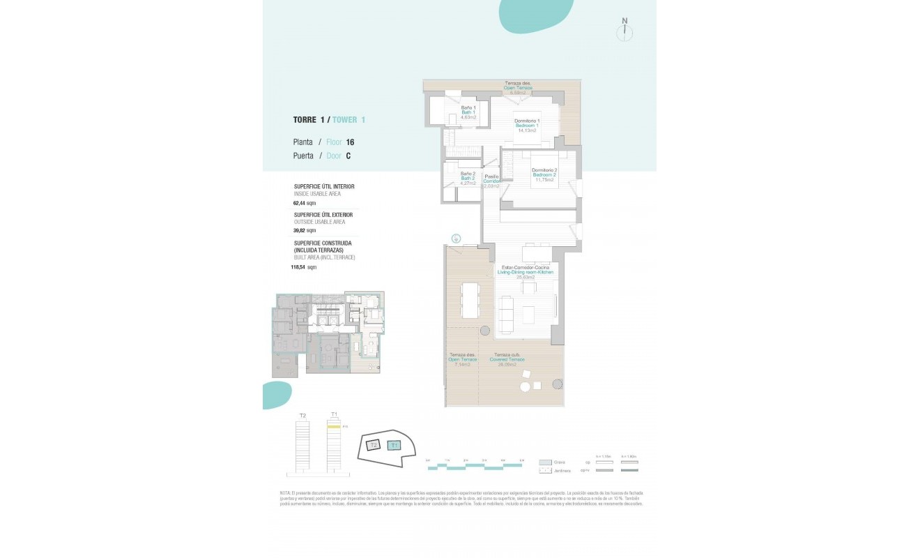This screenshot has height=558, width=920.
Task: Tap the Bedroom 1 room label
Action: (527, 126)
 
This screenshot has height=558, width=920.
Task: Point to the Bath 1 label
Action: (468, 112)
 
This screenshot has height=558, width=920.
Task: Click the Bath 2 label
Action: (468, 179)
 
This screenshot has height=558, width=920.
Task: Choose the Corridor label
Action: (492, 181)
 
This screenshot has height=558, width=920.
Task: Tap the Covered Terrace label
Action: (508, 360)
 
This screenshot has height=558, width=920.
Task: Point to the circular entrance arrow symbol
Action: (456, 238)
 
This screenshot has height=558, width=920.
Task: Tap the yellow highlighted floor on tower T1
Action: (334, 425)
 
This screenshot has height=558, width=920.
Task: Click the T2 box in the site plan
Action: (374, 445)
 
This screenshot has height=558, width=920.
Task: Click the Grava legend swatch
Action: (546, 462)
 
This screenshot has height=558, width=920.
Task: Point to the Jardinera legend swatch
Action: (546, 471)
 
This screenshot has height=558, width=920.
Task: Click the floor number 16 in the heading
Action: (350, 142)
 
